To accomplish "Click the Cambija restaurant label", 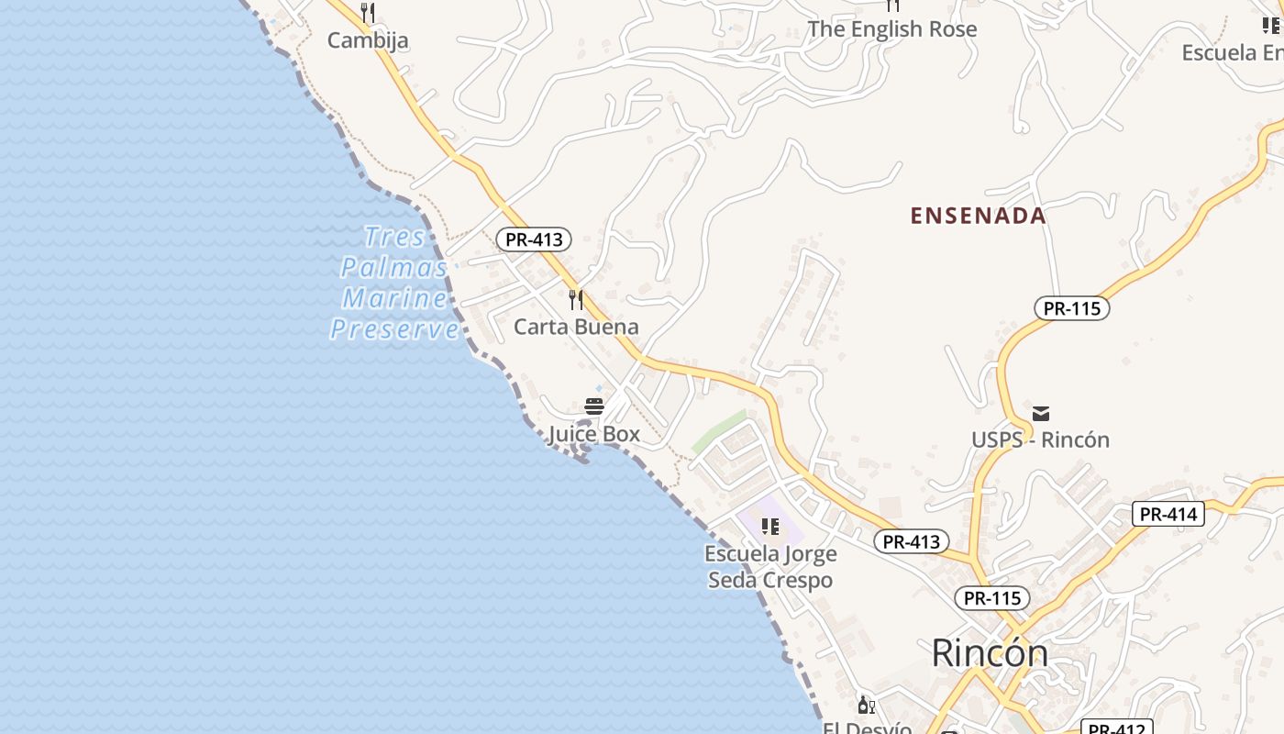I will tap(368, 40).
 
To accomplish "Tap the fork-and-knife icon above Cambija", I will tap(368, 13).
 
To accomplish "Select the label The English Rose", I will tap(891, 29).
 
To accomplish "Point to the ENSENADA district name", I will tap(978, 216).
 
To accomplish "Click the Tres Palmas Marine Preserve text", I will tap(394, 284).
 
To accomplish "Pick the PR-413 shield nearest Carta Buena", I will tap(534, 239).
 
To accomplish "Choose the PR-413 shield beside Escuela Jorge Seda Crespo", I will tap(911, 541).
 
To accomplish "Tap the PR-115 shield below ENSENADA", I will tap(1071, 308).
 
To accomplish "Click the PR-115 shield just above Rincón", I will tap(992, 598).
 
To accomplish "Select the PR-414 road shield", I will tap(1168, 514).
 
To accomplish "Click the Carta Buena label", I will tap(576, 327).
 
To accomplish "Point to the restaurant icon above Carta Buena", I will tap(576, 299).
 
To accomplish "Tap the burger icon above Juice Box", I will tap(594, 406).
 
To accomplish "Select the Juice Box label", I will tap(594, 434).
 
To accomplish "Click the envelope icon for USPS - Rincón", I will tap(1041, 413).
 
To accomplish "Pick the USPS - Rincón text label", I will tap(1041, 439).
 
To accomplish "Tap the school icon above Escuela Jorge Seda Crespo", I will tap(770, 526).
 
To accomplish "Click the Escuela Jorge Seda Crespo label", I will tap(770, 567).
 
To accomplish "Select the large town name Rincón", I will tap(990, 653).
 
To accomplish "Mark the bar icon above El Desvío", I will tap(866, 705).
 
